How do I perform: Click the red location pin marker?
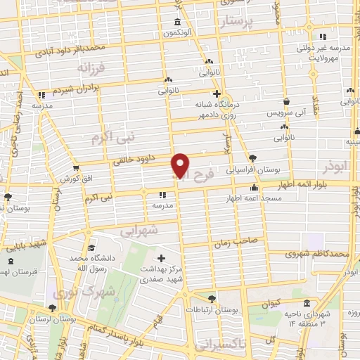(x=181, y=166)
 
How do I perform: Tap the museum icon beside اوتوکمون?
(x=176, y=22)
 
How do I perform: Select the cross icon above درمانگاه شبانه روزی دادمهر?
(x=217, y=94)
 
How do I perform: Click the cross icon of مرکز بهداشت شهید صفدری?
(x=162, y=258)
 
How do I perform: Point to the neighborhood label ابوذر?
(x=336, y=167)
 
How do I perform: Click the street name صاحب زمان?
(x=263, y=240)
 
